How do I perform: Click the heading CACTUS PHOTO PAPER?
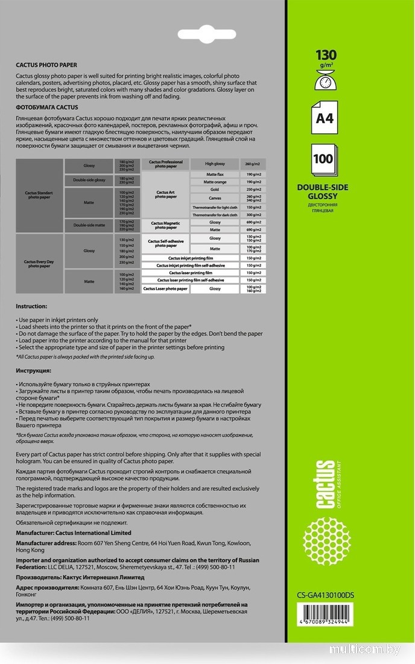tap(46, 65)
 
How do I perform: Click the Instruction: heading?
tap(31, 306)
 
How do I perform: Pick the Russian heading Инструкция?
tap(34, 369)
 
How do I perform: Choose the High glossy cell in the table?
tap(214, 164)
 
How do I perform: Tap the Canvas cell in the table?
tap(214, 197)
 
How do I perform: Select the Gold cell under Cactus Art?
tap(214, 189)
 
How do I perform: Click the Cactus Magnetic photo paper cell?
tap(165, 226)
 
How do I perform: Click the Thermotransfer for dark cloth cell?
tap(215, 214)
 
